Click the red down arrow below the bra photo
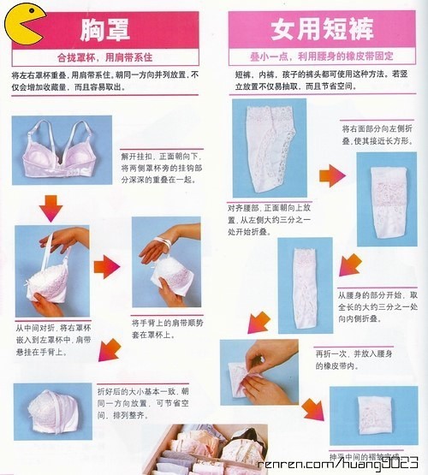click(51, 205)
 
